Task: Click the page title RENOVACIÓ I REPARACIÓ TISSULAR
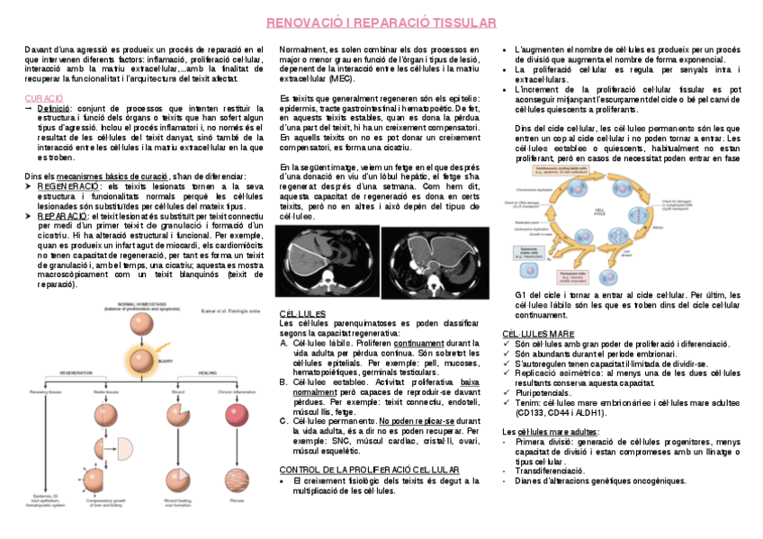[381, 22]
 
